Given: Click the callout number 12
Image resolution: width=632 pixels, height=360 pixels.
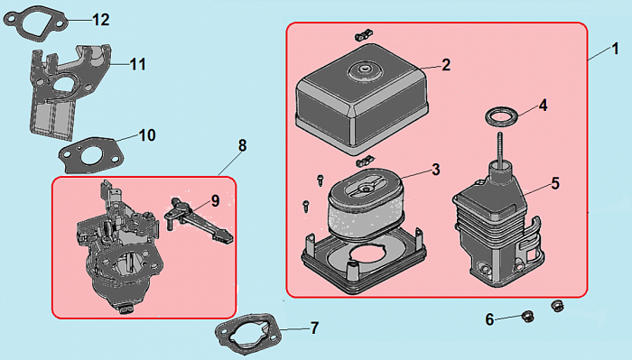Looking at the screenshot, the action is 101,20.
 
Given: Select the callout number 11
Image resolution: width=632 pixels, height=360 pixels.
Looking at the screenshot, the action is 137,64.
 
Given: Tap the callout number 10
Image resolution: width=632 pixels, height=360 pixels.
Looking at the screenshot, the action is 147,135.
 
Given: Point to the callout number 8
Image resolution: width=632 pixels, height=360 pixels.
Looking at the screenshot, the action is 242,145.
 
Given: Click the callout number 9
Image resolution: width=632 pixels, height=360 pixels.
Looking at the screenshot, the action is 215,200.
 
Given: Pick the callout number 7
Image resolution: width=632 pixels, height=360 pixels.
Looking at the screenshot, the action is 314,328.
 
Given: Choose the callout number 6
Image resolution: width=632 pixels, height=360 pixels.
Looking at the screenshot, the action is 489,319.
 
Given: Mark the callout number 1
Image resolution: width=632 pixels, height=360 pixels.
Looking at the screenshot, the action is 615,49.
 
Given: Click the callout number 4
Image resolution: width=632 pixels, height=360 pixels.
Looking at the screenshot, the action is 543,106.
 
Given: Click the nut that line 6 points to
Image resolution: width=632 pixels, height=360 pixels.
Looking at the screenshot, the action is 527,317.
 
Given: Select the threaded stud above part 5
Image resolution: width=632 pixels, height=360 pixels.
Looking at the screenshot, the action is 500,149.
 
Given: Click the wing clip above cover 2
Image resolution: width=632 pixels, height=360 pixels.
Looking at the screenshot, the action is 364,35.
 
